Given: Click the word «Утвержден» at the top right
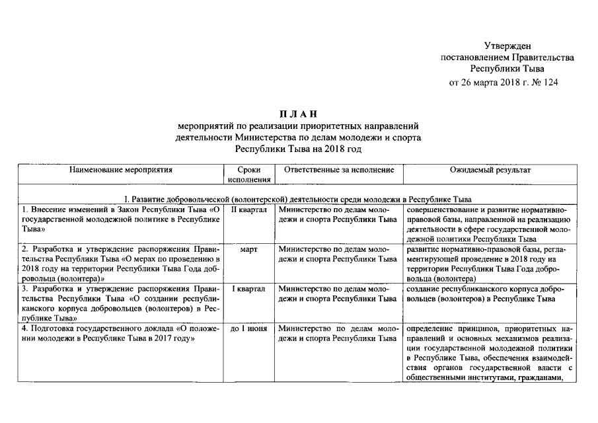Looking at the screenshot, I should [507, 46].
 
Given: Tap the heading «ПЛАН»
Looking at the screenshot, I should [299, 114].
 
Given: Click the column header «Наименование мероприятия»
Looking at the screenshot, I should [120, 170].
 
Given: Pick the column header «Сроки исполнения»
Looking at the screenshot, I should [248, 174].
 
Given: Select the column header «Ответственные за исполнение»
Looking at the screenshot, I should [338, 170].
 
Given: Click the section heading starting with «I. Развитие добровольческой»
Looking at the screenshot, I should [299, 199].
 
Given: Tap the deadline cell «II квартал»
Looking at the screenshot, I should [248, 210].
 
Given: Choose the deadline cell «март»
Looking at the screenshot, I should [248, 249].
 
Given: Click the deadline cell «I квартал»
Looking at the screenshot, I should [248, 289].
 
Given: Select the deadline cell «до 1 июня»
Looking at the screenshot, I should [248, 328].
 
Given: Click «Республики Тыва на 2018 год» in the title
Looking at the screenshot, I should [299, 149].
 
